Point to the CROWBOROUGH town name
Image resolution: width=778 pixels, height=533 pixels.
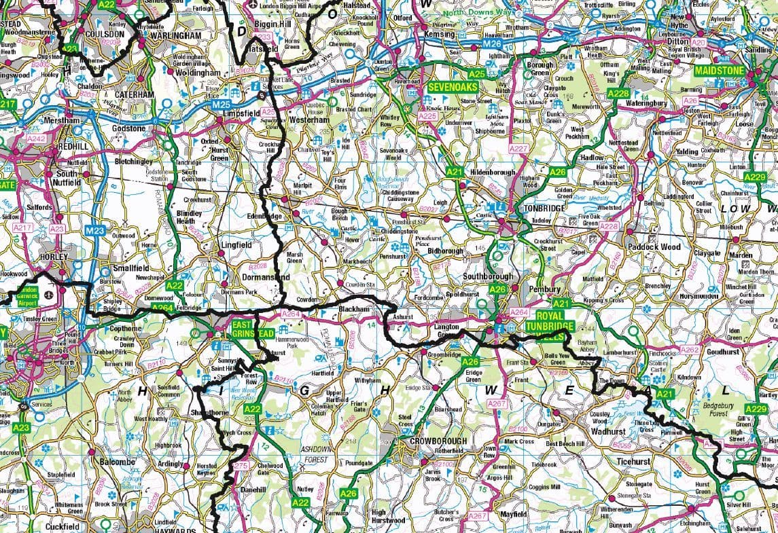(438, 441)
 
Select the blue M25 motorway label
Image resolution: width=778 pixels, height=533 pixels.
(221, 105)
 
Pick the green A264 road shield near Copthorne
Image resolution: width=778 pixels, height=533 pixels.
(161, 307)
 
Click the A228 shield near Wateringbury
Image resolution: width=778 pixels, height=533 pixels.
(618, 94)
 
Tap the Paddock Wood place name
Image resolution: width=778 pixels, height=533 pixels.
(653, 247)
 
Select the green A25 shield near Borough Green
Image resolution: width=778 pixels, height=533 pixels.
(478, 73)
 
